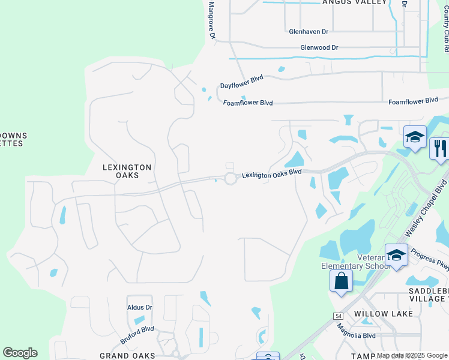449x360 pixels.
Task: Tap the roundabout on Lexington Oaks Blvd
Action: click(x=231, y=178)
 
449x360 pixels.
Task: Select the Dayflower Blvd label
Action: click(x=241, y=86)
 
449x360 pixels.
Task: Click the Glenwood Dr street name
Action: click(x=319, y=47)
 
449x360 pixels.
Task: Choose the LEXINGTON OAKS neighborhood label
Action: click(x=127, y=171)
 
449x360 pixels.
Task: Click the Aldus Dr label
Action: click(x=140, y=307)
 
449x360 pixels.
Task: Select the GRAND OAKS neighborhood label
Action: click(x=127, y=356)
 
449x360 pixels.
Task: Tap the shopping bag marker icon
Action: click(x=341, y=281)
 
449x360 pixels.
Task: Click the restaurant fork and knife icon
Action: click(x=440, y=148)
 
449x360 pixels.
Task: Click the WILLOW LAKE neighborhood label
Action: click(x=384, y=314)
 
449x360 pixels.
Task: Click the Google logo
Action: click(x=20, y=353)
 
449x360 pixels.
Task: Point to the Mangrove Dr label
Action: click(x=211, y=19)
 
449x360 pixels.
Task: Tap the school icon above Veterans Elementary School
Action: click(x=396, y=254)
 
